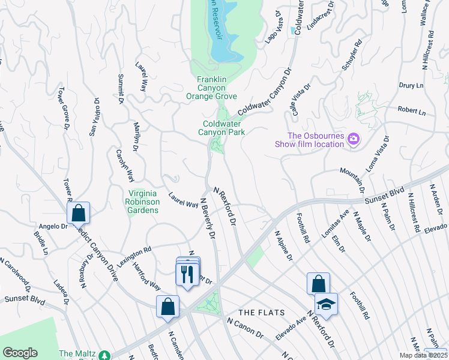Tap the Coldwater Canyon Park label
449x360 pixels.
pyautogui.click(x=223, y=128)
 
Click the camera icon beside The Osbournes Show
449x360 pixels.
pyautogui.click(x=354, y=139)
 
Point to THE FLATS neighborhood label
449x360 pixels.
pyautogui.click(x=260, y=313)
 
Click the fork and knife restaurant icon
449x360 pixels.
pyautogui.click(x=187, y=274)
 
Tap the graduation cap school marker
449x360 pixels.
pyautogui.click(x=326, y=305)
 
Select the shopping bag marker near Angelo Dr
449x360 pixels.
pyautogui.click(x=78, y=212)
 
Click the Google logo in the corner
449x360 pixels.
pyautogui.click(x=20, y=353)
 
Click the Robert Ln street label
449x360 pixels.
pyautogui.click(x=411, y=112)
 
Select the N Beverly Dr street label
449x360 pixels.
pyautogui.click(x=207, y=219)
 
